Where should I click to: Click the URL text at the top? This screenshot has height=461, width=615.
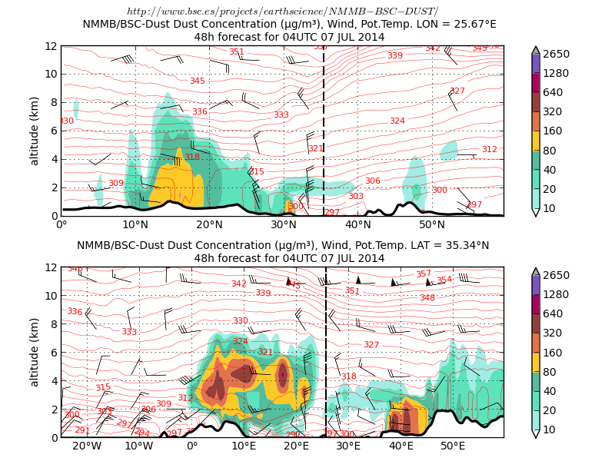(282, 12)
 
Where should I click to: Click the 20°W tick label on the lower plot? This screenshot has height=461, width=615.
(87, 446)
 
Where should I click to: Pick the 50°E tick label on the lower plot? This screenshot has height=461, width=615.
(452, 446)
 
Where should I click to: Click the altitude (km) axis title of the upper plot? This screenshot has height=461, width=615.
(35, 131)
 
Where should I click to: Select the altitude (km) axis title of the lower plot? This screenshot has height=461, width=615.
(35, 352)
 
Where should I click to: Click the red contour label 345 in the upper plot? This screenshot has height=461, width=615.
(198, 81)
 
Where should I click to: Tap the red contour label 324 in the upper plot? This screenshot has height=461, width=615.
(397, 121)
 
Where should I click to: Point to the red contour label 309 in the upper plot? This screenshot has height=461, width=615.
(116, 183)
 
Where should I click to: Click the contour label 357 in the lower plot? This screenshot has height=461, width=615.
(424, 274)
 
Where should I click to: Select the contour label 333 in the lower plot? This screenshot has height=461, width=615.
(129, 331)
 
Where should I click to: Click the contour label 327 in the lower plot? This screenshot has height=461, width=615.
(371, 344)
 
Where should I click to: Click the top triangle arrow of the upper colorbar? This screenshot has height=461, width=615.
(536, 49)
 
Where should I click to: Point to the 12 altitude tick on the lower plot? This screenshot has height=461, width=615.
(51, 267)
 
